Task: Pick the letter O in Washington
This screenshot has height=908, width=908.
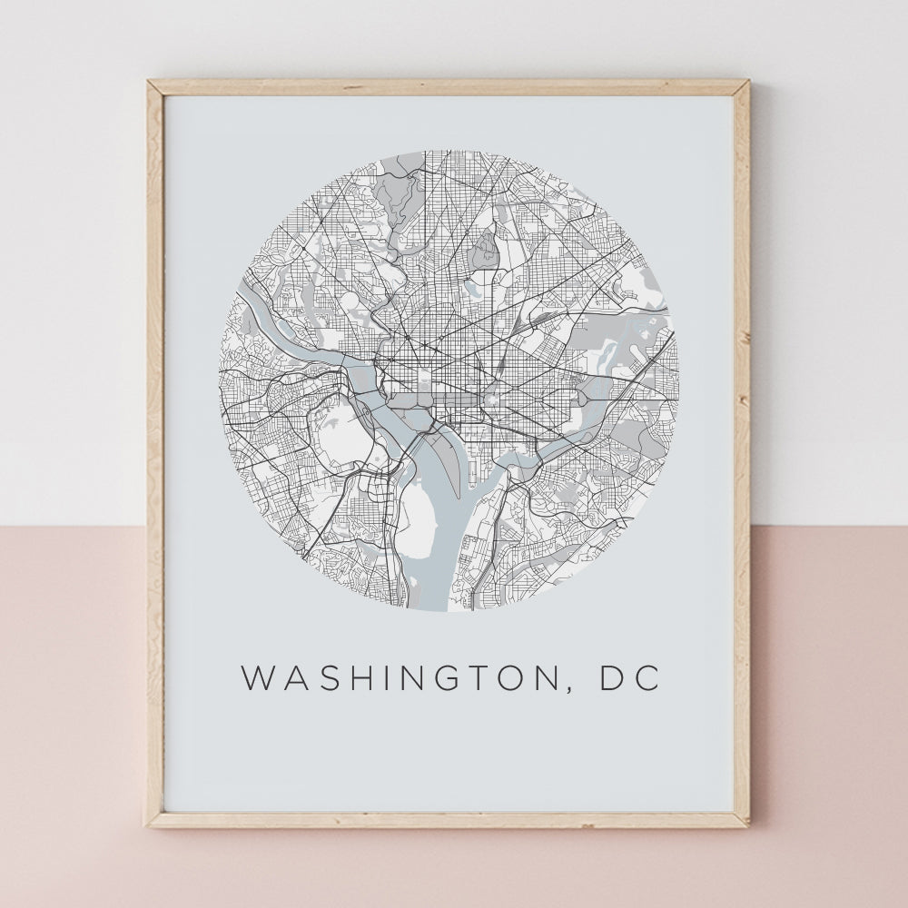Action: click(x=528, y=679)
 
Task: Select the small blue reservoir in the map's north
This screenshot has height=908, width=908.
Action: click(x=472, y=289)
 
